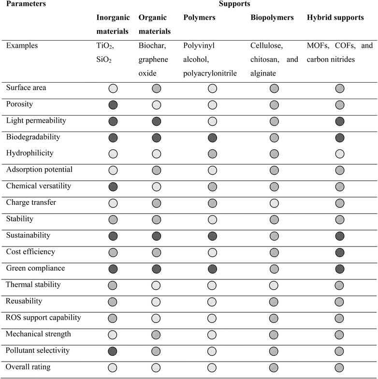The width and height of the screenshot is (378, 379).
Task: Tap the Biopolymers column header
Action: [272, 18]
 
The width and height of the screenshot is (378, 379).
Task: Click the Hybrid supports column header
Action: [335, 18]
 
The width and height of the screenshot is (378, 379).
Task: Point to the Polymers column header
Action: [200, 18]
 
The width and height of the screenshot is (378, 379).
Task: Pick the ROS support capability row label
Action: [43, 318]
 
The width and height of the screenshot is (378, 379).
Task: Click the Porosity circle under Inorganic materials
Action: [113, 105]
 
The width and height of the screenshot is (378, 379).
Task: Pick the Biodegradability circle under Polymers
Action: [212, 138]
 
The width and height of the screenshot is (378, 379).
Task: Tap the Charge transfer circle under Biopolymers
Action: [275, 203]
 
